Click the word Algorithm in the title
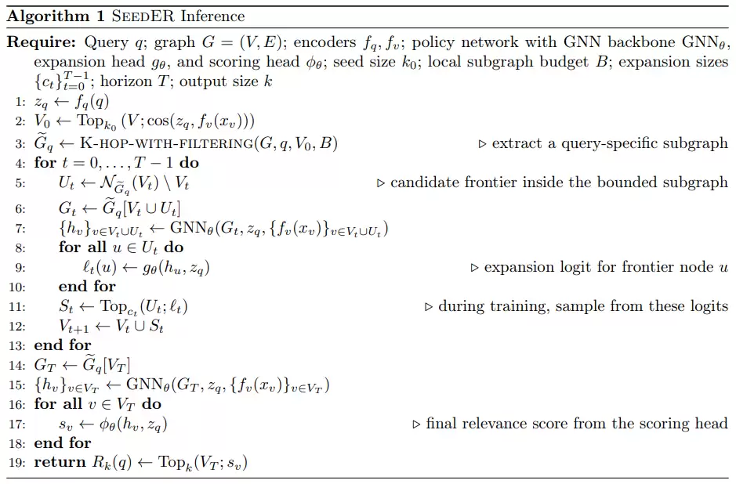tap(49, 16)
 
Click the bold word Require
tap(42, 42)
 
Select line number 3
tap(20, 143)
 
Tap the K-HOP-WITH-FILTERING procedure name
tap(167, 143)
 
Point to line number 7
tap(20, 229)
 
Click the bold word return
tap(60, 462)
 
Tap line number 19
tap(17, 463)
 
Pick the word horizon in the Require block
tap(126, 81)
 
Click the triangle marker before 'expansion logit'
tap(474, 268)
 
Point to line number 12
tap(17, 327)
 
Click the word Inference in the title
tap(212, 16)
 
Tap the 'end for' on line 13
tap(63, 345)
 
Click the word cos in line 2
tap(158, 121)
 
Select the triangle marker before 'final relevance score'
tap(416, 424)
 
